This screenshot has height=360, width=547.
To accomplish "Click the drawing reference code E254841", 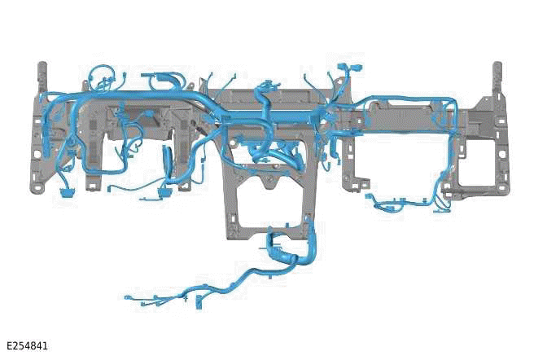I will tap(27, 346).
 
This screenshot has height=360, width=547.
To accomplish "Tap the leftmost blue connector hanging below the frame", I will tap(66, 191).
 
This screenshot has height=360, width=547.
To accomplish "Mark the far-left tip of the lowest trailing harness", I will tap(128, 296).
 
